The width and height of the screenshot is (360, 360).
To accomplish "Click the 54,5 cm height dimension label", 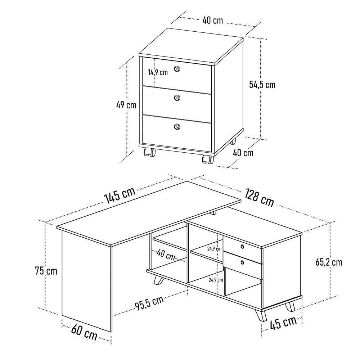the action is coord(262,85).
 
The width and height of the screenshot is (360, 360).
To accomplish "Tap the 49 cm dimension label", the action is coord(126,105).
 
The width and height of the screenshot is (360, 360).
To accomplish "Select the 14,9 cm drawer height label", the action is coord(158,72).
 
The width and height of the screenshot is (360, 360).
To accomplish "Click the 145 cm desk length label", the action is coord(120,195).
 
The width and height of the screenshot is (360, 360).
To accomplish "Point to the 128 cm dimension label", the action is coord(259,198).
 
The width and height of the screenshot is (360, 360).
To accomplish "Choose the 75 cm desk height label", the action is coord(46,271).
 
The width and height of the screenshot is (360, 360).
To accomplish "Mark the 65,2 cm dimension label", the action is coord(329,262).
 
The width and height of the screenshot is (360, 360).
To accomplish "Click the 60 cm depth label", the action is coord(84,333).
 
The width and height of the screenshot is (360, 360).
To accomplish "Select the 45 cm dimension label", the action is coord(283,323).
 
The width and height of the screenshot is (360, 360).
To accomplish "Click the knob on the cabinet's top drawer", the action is coord(177,69).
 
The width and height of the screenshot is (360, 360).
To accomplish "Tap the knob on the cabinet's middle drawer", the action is coord(176,98).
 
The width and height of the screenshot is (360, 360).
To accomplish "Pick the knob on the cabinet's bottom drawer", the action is coord(177,127).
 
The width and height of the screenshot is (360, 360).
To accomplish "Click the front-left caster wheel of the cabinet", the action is coord(149,152).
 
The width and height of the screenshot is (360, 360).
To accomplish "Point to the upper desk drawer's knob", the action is coord(242,247).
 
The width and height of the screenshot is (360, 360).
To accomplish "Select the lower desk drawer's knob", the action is coord(242,262).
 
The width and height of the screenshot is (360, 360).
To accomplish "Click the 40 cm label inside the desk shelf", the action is coord(166,255).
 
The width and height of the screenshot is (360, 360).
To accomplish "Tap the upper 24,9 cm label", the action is coord(214,249).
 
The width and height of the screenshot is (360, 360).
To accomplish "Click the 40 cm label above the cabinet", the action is coord(213,20).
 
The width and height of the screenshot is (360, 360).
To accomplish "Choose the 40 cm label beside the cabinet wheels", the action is coord(243,153).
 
